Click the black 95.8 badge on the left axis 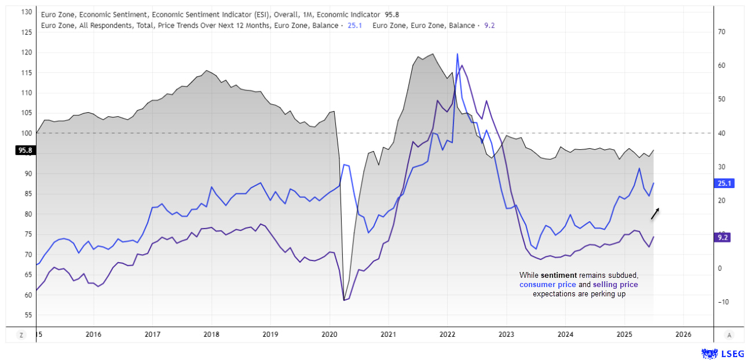coord(24,150)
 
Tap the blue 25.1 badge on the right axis coord(725,183)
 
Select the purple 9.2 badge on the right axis coord(723,237)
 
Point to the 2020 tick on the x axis coord(329,335)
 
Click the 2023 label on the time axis coord(506,335)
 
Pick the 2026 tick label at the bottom coord(683,335)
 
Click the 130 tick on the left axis coord(26,12)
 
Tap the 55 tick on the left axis coord(28,315)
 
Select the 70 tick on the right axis coord(722,32)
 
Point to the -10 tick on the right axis coord(722,302)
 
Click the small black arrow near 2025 coord(655,214)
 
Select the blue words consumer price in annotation coord(547,285)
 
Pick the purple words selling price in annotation coord(615,285)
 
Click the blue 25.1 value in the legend coord(354,25)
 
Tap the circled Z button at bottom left coord(21,335)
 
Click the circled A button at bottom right coord(730,335)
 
